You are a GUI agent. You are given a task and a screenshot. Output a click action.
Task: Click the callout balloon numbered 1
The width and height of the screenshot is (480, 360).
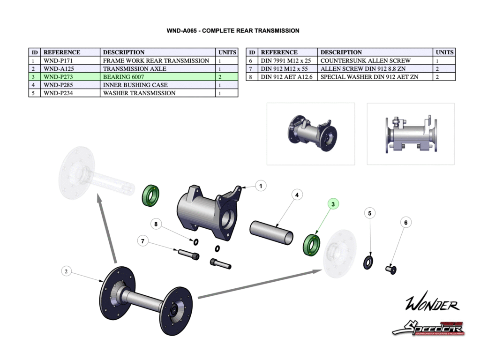click(x=261, y=186)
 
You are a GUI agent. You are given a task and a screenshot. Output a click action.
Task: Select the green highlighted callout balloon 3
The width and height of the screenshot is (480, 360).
click(x=333, y=204)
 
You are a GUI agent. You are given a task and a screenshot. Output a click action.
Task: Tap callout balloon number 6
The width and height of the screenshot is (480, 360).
click(x=406, y=223)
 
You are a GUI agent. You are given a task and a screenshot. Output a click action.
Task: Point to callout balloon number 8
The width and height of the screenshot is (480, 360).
click(x=157, y=224)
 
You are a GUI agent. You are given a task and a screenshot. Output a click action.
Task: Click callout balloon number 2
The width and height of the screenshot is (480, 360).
click(x=67, y=271)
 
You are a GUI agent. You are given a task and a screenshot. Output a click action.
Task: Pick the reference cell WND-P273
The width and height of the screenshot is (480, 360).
click(x=58, y=77)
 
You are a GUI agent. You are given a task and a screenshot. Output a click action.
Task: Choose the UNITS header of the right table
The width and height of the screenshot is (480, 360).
click(x=444, y=52)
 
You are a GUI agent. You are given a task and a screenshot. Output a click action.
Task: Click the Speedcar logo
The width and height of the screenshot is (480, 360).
click(x=428, y=328)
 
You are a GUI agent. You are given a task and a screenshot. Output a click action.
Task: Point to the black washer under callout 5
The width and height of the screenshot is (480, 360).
click(x=368, y=262)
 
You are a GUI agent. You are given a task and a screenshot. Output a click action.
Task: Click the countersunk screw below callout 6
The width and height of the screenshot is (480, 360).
click(x=390, y=269)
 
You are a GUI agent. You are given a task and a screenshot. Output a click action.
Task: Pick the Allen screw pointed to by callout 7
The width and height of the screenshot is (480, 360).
click(x=188, y=255)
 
